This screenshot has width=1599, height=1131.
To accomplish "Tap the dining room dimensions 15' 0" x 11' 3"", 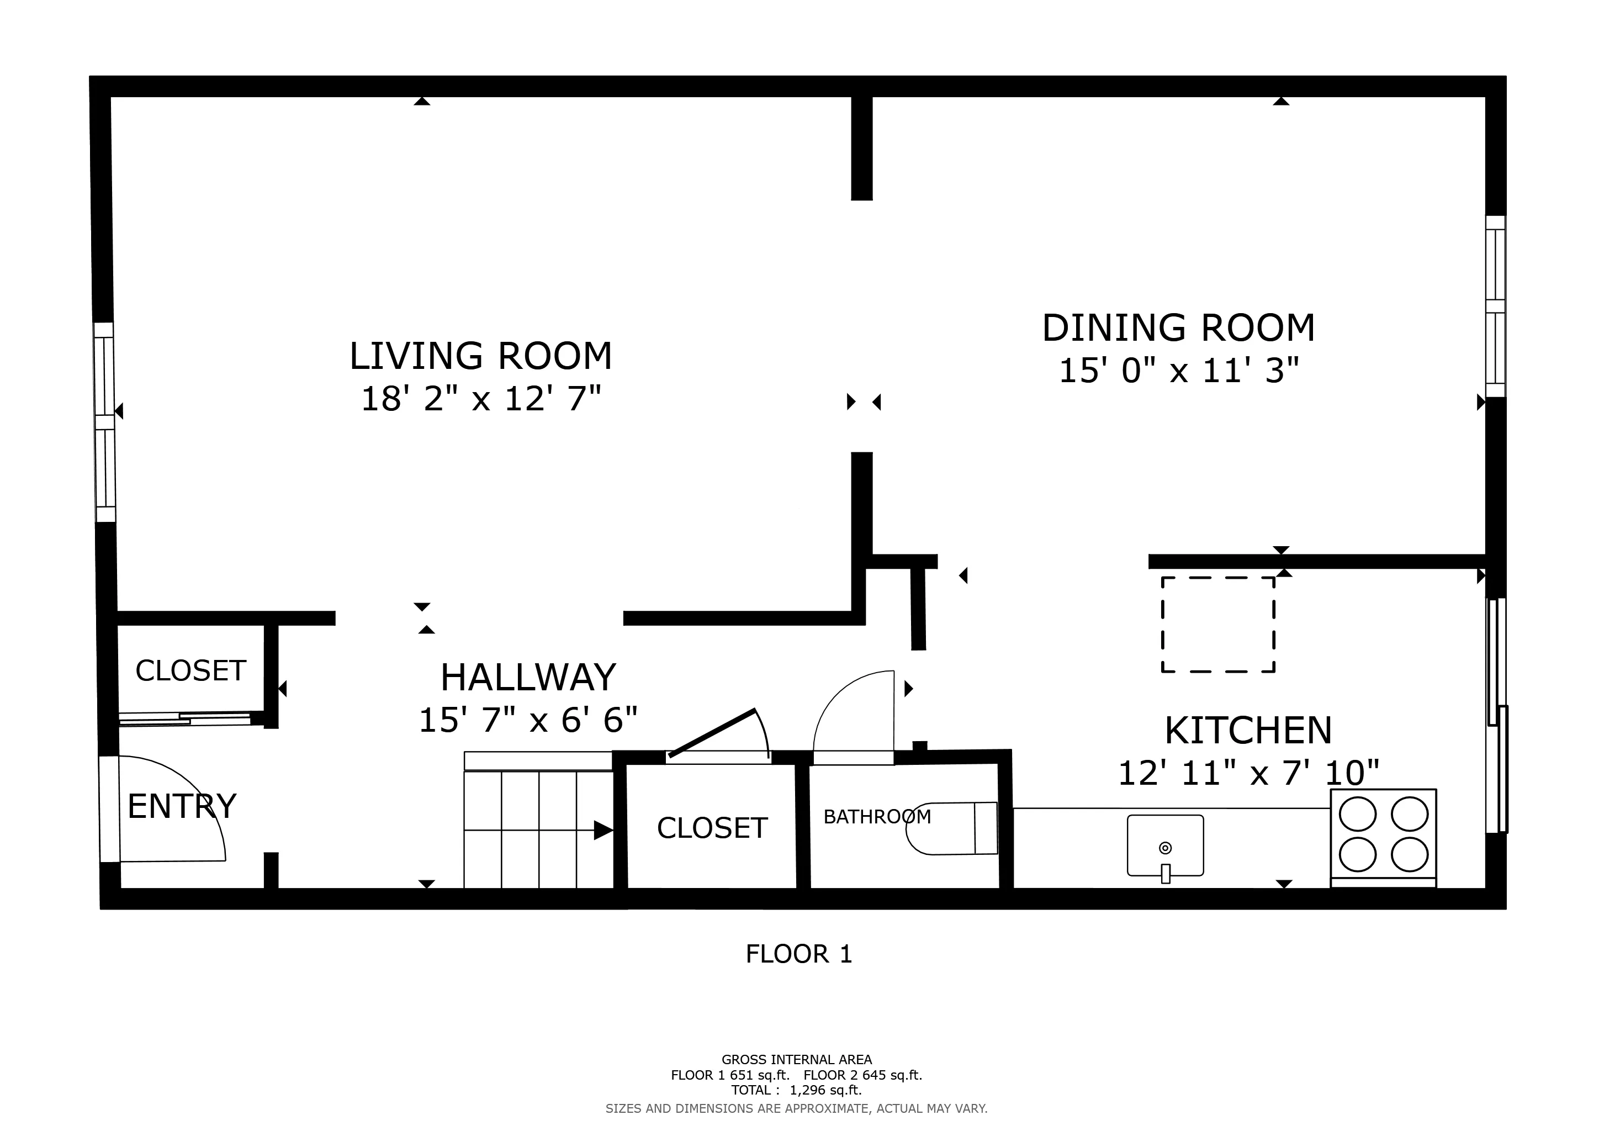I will tap(1178, 371).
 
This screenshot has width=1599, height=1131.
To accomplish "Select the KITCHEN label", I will tap(1248, 731).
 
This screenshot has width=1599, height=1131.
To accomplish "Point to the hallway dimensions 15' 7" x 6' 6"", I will tap(528, 720).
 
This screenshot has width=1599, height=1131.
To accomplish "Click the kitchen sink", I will tap(1165, 845).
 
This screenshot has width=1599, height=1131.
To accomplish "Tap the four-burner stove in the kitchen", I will tap(1383, 834).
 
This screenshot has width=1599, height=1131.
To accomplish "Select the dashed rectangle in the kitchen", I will tap(1218, 625).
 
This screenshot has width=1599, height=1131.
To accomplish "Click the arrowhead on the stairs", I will tap(603, 830).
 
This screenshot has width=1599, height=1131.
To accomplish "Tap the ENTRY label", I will tap(182, 806).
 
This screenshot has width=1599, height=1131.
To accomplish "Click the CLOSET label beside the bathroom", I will tap(712, 828).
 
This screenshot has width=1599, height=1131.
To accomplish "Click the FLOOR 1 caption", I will tap(799, 954).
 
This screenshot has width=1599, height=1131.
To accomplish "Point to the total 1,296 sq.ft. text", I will tap(797, 1090).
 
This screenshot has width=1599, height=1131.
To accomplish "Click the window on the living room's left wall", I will tap(104, 422).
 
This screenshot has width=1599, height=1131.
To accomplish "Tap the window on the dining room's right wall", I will tap(1495, 306).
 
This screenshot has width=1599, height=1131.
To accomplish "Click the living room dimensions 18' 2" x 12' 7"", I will tap(480, 400).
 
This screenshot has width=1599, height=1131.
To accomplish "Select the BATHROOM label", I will tap(876, 816).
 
